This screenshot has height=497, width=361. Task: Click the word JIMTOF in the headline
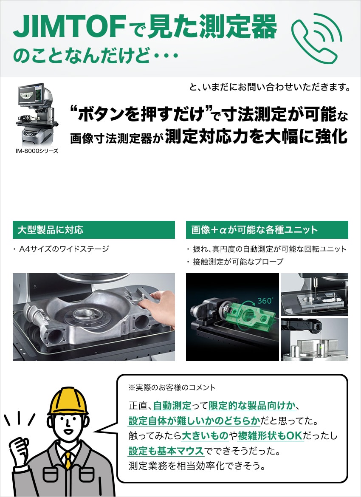coord(69,27)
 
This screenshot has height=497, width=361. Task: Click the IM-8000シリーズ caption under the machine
coord(37,151)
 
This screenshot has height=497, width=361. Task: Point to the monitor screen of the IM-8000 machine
coord(31,94)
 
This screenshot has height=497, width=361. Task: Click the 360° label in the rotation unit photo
coord(265,300)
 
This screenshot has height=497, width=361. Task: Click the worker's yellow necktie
coord(68,460)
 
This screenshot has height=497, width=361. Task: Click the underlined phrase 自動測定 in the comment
coord(172,405)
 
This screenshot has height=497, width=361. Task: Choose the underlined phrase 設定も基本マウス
coord(166,451)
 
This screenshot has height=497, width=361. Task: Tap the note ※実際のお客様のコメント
coord(172,387)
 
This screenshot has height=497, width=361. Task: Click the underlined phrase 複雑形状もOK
coord(271,436)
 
